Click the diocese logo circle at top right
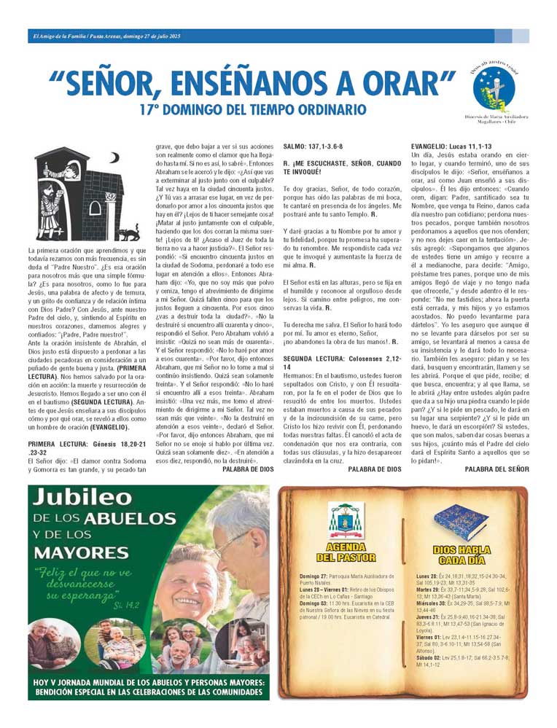[494, 89]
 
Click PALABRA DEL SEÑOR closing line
[496, 469]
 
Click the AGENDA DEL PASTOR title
[351, 552]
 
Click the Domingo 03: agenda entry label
[315, 603]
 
